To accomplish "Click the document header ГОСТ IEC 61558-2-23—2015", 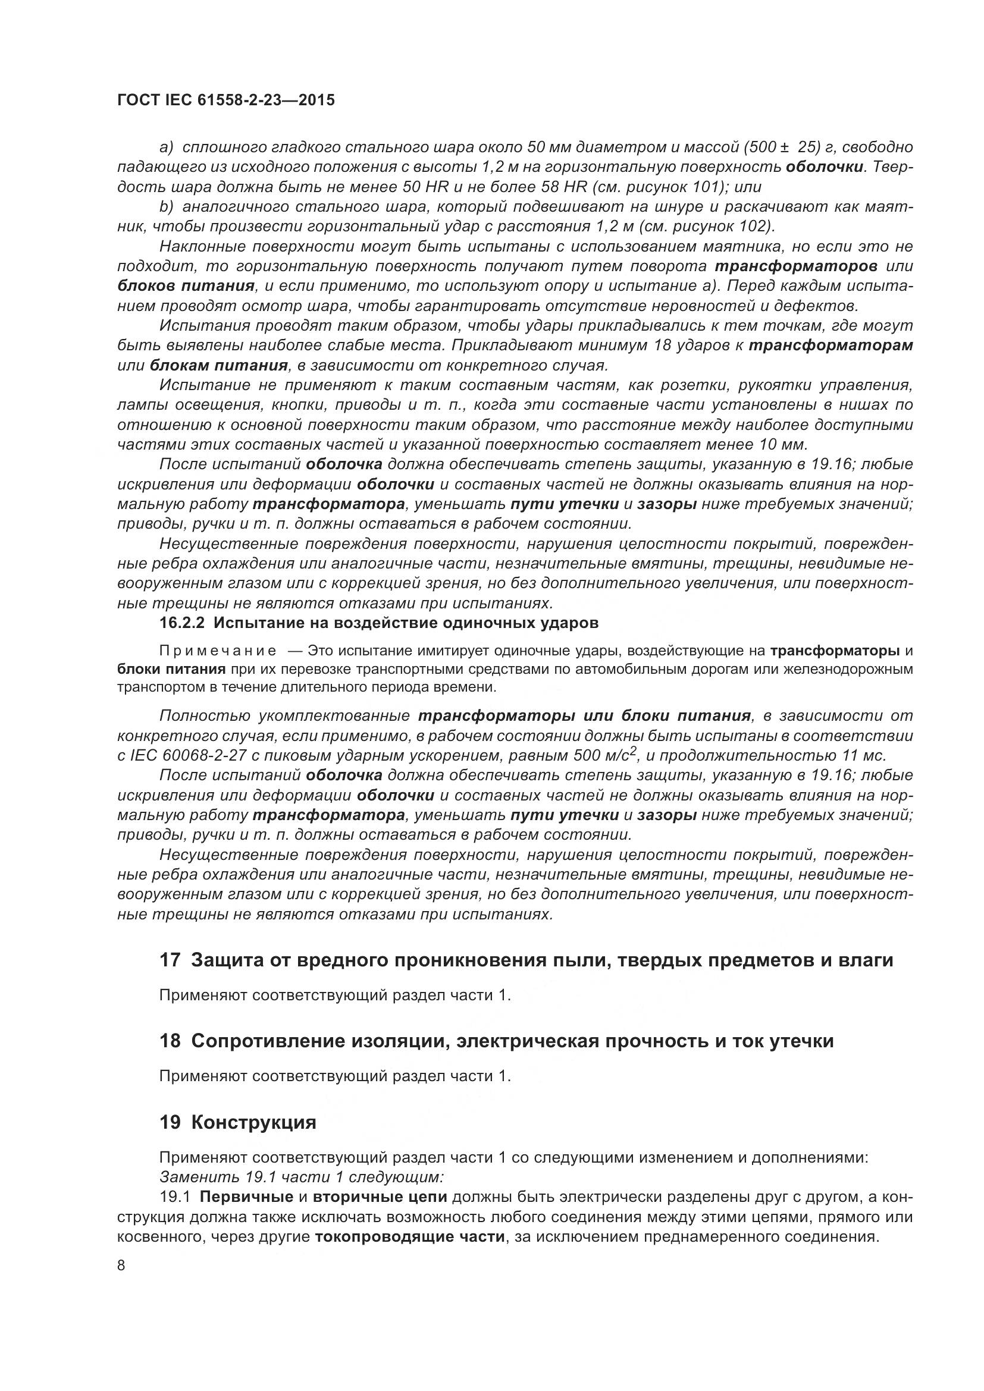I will click(x=225, y=101).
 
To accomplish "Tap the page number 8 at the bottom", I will click(x=121, y=1266).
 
